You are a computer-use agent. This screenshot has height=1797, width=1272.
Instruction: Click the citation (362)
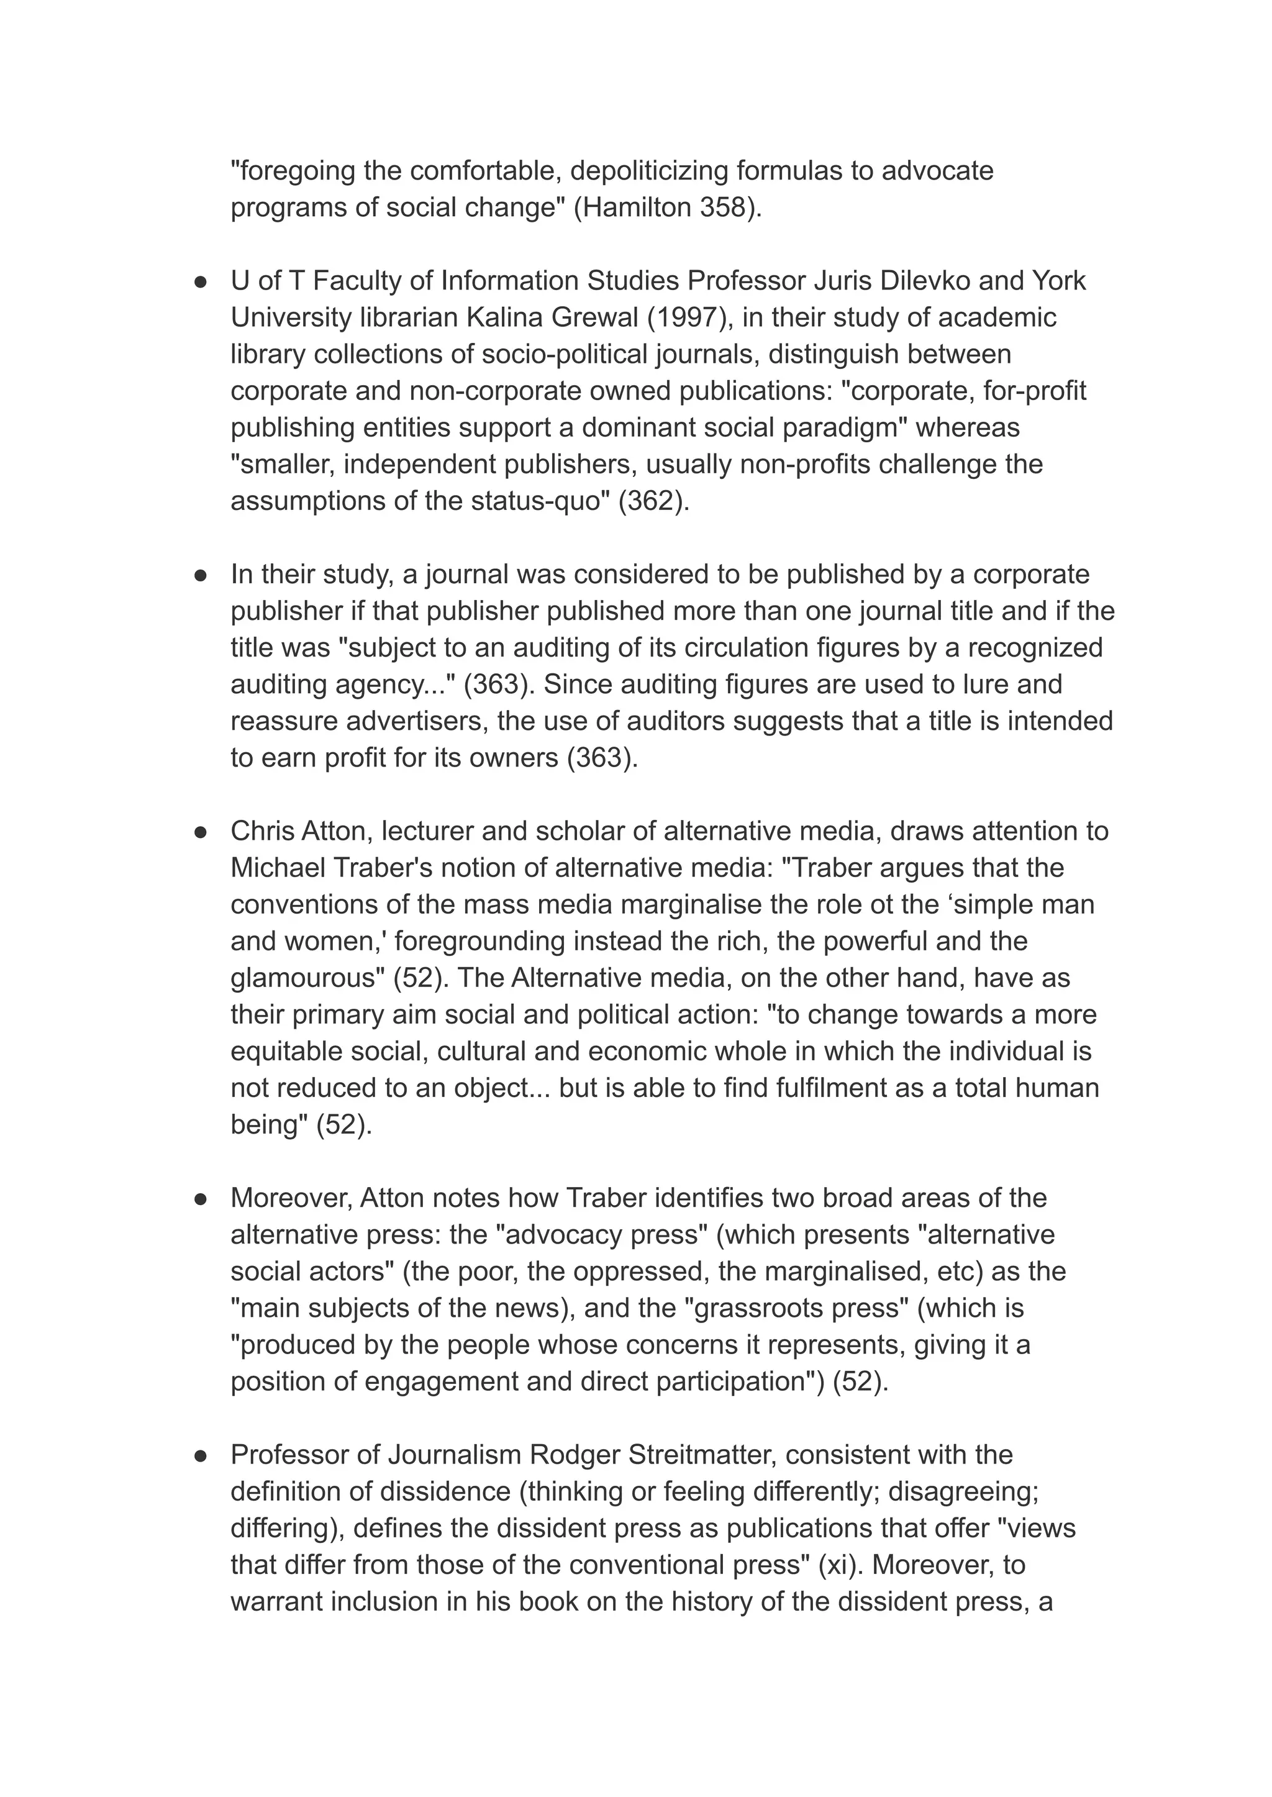654,501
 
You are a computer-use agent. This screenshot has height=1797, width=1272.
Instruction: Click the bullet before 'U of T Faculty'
201,281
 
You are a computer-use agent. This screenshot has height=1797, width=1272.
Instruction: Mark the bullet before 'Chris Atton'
201,832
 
